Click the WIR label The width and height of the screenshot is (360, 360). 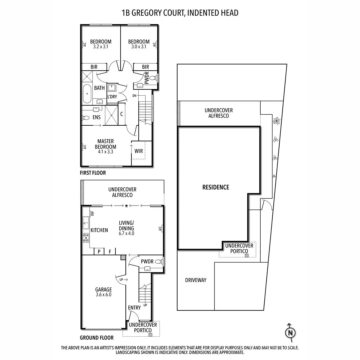click(139, 151)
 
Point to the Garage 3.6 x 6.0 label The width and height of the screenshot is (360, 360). click(103, 292)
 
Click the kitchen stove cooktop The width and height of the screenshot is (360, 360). click(86, 237)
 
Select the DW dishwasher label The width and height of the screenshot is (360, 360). click(92, 213)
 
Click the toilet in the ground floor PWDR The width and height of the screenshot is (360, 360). click(158, 262)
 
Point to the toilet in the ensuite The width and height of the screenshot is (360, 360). click(86, 118)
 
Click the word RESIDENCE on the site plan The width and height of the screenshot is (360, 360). click(216, 187)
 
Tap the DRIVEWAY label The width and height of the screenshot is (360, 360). click(196, 280)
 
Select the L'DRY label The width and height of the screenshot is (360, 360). click(112, 97)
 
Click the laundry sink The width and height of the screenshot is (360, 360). click(112, 88)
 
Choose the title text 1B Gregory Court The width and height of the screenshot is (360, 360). click(180, 13)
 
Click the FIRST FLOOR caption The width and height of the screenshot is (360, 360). click(93, 173)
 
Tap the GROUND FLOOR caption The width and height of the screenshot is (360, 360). click(97, 338)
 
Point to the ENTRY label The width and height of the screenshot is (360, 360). click(134, 308)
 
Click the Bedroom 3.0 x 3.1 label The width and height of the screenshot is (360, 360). click(139, 44)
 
